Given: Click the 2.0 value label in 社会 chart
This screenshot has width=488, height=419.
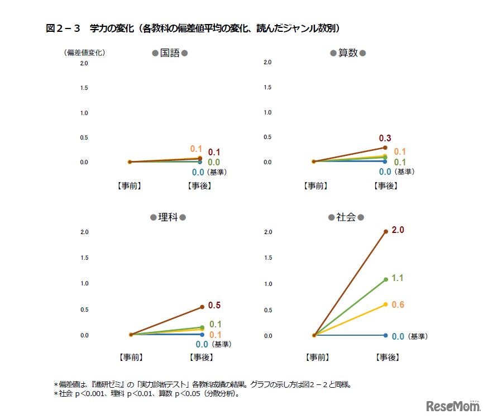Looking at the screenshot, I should tap(398, 230).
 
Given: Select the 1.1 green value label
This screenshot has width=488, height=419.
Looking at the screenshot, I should tap(398, 278).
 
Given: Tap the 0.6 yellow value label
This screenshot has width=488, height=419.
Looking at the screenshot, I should tap(398, 304).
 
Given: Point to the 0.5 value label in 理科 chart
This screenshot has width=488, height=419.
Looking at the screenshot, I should tap(214, 305).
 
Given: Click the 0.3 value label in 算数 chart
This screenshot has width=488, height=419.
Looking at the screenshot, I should tap(385, 138).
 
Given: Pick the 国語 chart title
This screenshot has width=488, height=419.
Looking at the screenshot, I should tap(169, 53).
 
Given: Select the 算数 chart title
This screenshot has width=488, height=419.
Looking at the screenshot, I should tap(348, 53).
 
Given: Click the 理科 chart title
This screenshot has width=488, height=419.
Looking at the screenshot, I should tap(168, 217).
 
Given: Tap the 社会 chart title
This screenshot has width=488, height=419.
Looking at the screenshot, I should tap(346, 217).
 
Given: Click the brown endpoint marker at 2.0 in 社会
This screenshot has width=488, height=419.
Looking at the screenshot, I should tap(385, 230).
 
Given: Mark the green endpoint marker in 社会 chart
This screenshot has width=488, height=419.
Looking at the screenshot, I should tap(385, 279).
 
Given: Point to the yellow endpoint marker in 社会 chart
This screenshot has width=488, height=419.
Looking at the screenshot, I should tap(385, 304).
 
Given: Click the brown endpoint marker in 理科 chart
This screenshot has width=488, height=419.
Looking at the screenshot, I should tap(202, 307).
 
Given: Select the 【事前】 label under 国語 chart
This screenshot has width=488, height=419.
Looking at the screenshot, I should tap(129, 185).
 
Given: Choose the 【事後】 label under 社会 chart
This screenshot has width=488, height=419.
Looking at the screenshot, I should tap(385, 356).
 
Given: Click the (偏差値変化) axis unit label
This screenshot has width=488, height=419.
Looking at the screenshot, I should tap(84, 53).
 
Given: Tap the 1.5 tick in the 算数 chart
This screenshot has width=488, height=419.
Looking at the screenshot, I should tap(267, 87).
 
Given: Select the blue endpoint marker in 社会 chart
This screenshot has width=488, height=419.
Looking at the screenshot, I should tap(385, 335).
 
